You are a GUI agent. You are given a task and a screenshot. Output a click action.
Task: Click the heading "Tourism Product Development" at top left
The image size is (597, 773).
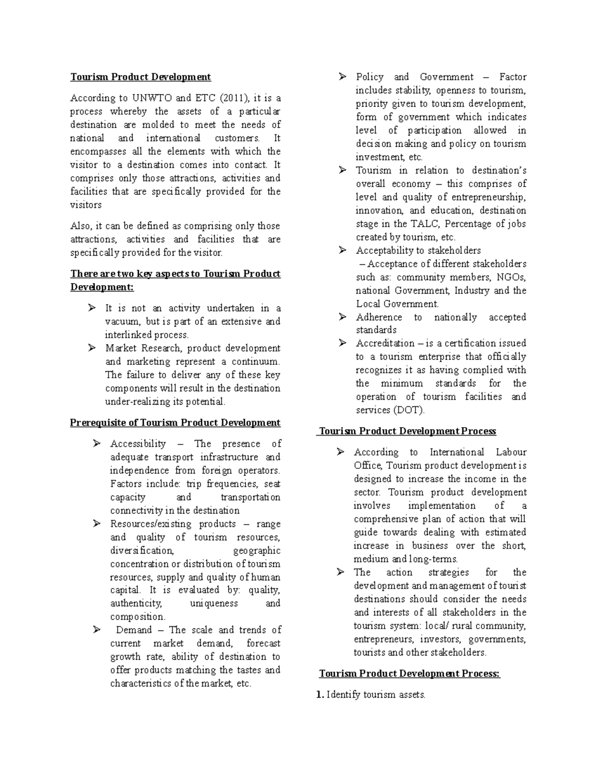coord(140,77)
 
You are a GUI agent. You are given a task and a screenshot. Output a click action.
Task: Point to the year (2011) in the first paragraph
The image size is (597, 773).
coord(233,98)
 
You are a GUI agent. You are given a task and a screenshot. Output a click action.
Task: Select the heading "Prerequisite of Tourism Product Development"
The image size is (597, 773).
coord(175,423)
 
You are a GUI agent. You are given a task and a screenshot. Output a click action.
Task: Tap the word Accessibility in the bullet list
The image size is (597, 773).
coord(138,444)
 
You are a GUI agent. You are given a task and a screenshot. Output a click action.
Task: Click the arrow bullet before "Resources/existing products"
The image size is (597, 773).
coord(97,524)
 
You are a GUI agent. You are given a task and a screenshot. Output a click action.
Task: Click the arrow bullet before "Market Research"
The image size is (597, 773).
coord(92,348)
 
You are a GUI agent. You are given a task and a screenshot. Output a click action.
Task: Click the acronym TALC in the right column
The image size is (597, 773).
coord(423,224)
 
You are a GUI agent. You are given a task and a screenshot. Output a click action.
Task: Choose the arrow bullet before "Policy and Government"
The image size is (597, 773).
coord(342,77)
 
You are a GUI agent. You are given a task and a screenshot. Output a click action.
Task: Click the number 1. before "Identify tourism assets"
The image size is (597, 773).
coord(320,695)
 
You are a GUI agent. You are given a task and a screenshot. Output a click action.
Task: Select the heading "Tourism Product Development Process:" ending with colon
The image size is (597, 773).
coord(409,674)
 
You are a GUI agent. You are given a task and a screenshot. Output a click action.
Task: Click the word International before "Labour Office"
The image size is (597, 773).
coord(457,452)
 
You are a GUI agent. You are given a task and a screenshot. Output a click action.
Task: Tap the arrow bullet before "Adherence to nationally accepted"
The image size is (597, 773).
coord(342,317)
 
